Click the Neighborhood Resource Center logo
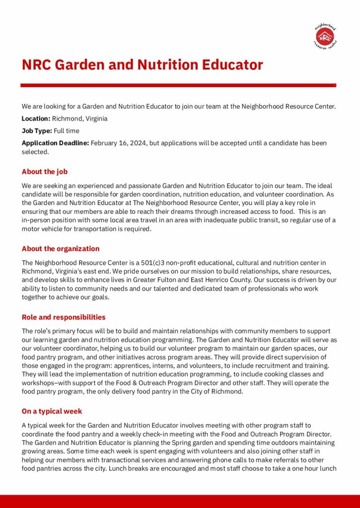(x=326, y=36)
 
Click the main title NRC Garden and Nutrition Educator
(x=142, y=65)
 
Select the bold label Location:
(x=36, y=119)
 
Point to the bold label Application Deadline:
(x=55, y=143)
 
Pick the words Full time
(x=67, y=131)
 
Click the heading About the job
(x=44, y=172)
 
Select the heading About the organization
(x=60, y=249)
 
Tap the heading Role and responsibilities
(x=63, y=317)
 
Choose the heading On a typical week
(x=52, y=411)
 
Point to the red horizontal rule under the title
(x=178, y=85)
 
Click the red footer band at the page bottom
(x=180, y=501)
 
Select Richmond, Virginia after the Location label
(x=80, y=119)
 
